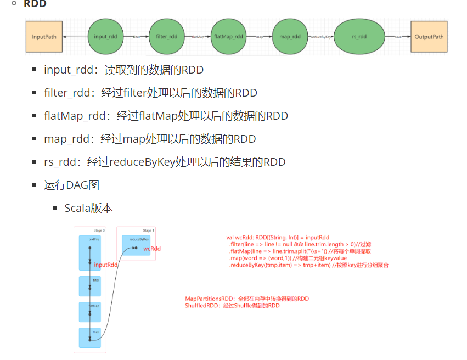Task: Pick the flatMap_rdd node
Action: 228,37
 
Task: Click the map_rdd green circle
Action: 290,37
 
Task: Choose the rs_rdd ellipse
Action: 359,37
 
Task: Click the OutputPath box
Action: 429,37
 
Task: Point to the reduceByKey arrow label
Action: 320,37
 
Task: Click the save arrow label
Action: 398,37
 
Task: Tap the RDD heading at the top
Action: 35,4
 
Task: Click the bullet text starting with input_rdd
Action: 123,70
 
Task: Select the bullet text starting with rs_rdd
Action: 165,162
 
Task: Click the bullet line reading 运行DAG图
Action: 71,185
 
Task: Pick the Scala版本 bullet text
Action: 88,208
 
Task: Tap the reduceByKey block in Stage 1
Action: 136,245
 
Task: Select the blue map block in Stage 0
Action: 90,337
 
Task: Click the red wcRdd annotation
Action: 152,249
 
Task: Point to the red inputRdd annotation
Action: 106,265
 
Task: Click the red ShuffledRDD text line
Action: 232,306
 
